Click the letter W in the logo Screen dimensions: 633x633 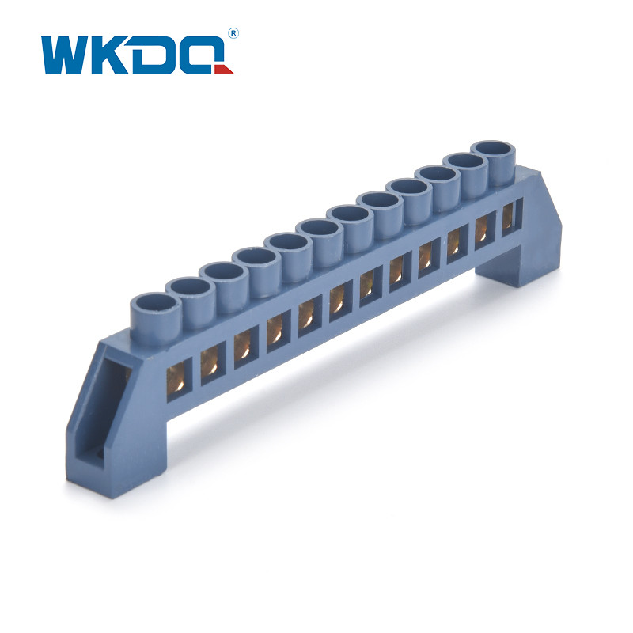click(69, 55)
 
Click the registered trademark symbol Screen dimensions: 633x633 click(233, 33)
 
